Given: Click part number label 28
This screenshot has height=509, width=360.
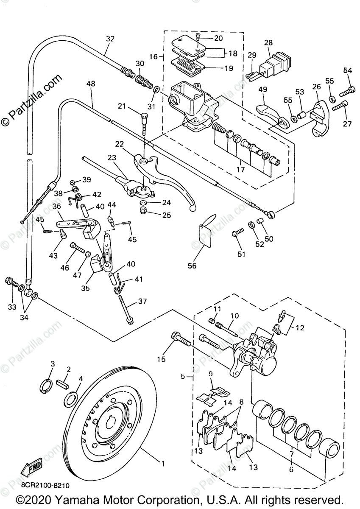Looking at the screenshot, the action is click(x=268, y=43).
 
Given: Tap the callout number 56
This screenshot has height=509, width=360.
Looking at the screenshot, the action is click(x=192, y=266).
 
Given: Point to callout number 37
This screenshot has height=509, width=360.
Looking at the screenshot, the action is click(x=142, y=302).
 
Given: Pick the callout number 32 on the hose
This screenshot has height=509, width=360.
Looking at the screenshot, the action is click(x=110, y=39).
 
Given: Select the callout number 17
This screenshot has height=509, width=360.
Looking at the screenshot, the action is click(x=240, y=169).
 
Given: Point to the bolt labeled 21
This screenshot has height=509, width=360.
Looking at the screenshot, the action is click(x=144, y=125).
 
